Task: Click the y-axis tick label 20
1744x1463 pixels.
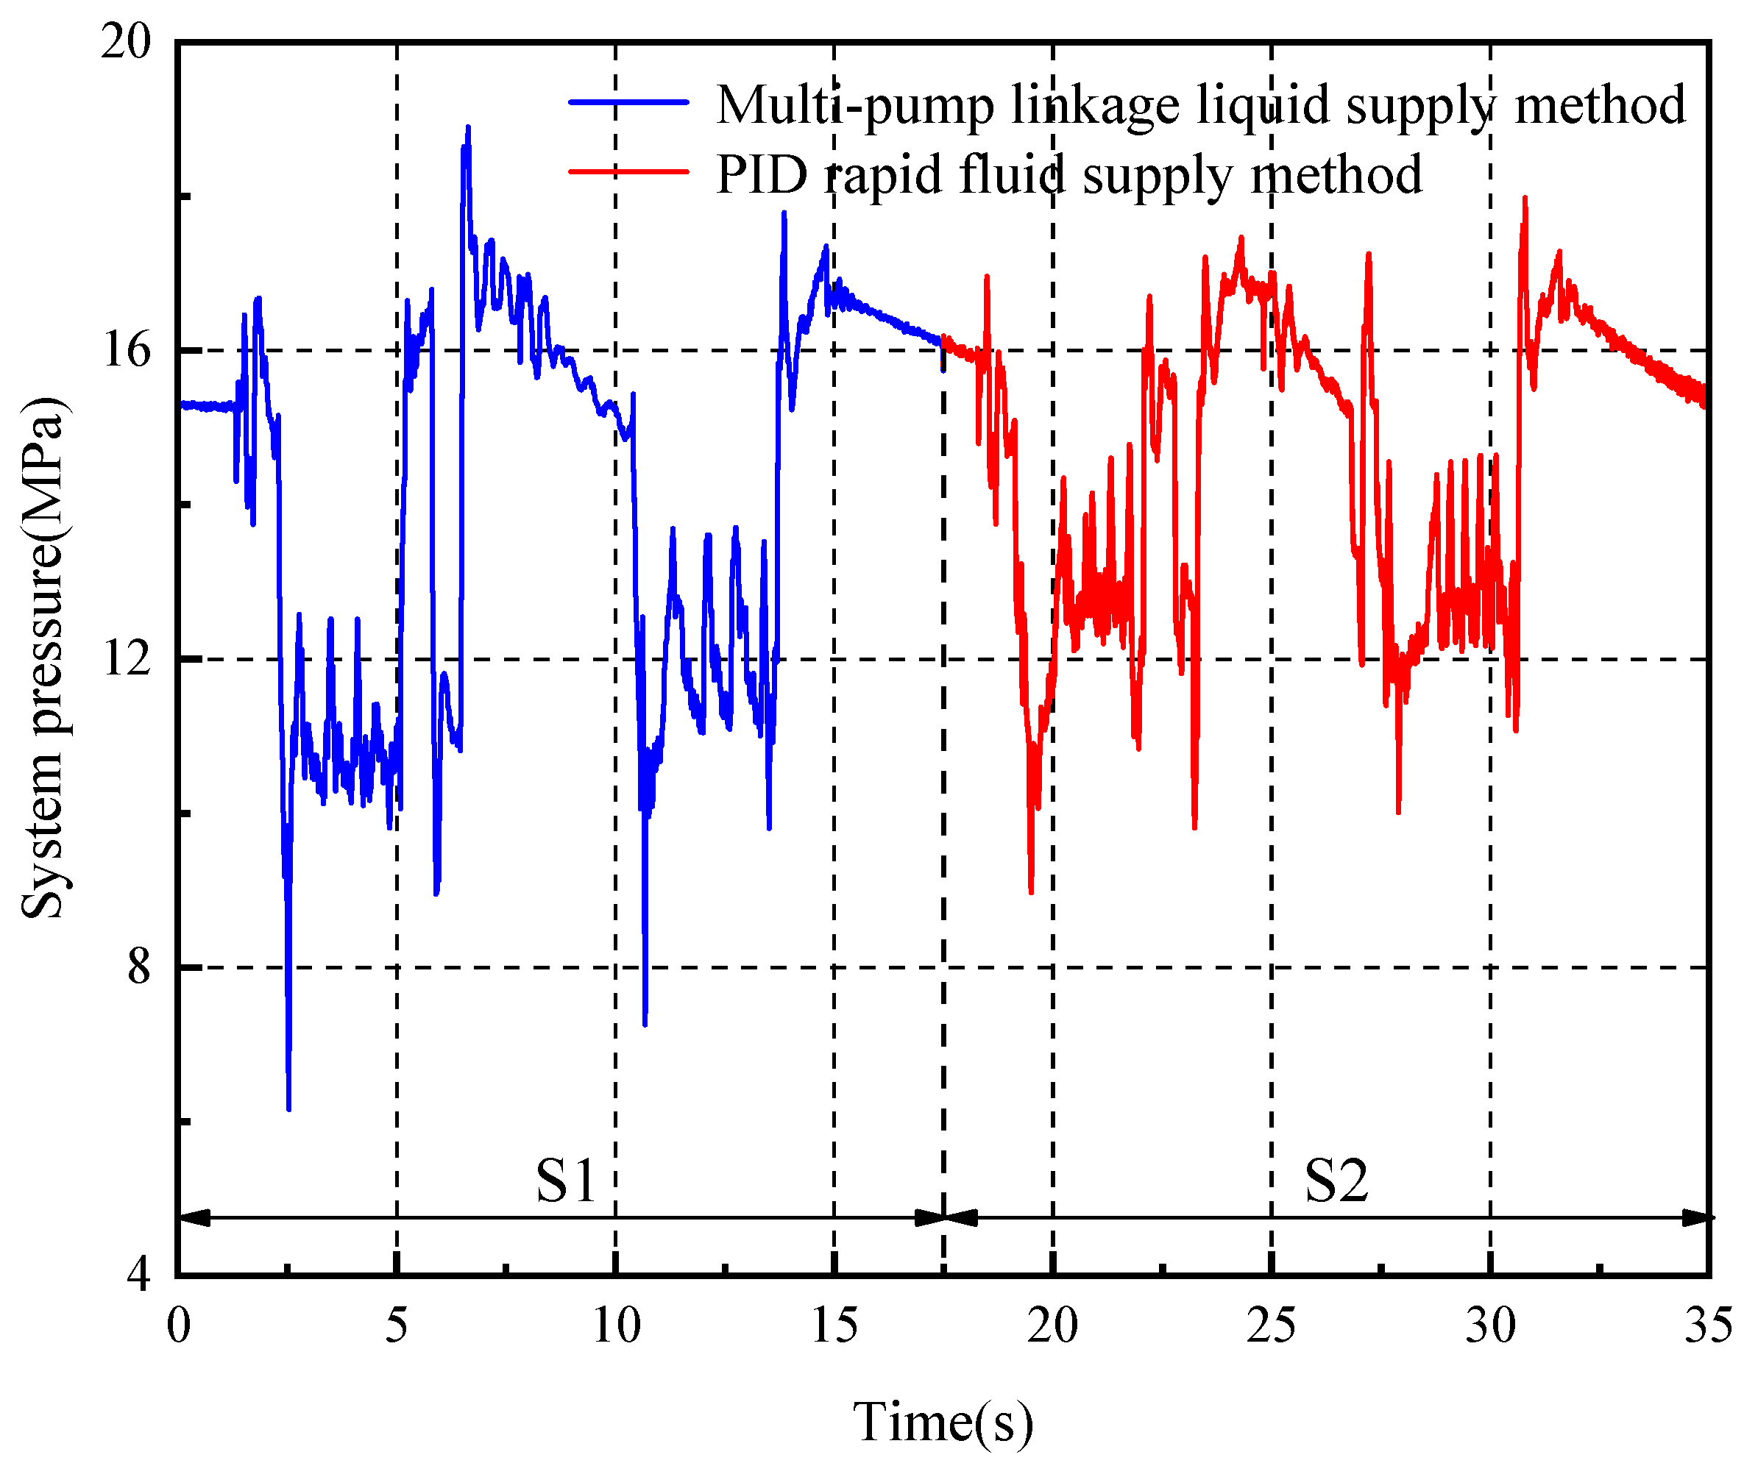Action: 127,40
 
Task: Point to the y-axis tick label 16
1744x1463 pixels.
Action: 127,349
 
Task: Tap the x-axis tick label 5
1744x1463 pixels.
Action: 396,1325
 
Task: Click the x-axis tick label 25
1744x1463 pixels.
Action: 1271,1325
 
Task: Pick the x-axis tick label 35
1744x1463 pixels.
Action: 1707,1325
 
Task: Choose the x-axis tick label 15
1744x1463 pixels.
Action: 834,1325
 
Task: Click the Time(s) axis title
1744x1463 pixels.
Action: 943,1423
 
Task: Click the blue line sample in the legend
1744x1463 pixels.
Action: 628,102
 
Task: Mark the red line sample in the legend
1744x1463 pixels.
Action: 628,172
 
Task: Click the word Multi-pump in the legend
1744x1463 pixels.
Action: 854,105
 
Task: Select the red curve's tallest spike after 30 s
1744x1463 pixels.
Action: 1525,199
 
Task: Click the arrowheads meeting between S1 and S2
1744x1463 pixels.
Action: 944,1218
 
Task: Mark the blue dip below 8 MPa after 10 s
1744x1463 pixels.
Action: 645,1023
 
